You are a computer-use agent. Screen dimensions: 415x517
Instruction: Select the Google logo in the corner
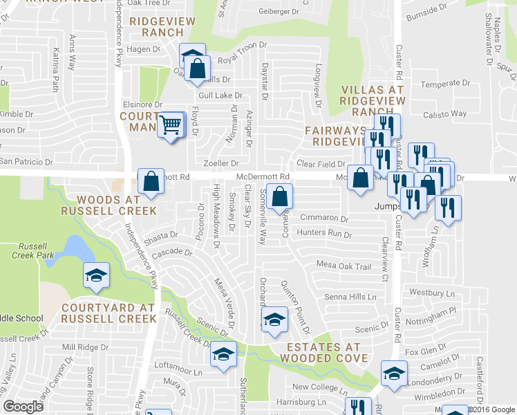click(x=23, y=406)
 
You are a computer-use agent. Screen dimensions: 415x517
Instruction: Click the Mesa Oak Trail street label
click(x=344, y=266)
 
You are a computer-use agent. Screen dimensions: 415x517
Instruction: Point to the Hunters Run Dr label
click(x=324, y=234)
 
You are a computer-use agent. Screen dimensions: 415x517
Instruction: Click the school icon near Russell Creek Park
click(x=95, y=275)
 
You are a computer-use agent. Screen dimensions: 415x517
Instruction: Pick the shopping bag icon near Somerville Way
click(x=279, y=196)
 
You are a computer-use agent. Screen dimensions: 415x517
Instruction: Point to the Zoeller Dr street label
click(x=221, y=163)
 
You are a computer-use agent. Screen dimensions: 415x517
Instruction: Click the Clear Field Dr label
click(x=321, y=165)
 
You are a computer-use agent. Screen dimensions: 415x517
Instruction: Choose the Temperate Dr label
click(x=446, y=83)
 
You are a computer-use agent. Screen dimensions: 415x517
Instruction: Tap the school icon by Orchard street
click(x=275, y=318)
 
